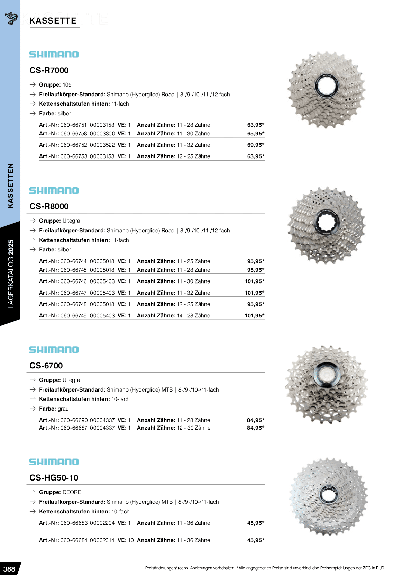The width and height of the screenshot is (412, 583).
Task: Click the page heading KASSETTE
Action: click(53, 21)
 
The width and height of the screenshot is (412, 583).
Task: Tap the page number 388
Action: click(9, 569)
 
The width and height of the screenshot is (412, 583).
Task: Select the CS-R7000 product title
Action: click(49, 70)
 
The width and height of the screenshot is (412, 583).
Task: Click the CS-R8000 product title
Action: click(49, 206)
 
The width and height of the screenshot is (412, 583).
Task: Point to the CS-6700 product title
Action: click(46, 366)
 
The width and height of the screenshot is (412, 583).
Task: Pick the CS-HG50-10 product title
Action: click(54, 478)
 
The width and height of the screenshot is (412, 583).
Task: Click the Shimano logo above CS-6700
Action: click(54, 350)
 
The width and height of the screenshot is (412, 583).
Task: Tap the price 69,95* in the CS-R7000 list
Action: click(256, 145)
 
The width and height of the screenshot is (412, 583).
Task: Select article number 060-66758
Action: click(74, 134)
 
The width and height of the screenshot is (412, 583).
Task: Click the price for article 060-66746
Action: click(254, 281)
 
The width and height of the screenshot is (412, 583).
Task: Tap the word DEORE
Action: click(72, 492)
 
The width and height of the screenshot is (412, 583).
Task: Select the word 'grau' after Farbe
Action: click(63, 409)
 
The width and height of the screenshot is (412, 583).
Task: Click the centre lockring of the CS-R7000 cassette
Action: click(326, 86)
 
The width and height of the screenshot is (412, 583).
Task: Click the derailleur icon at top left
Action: click(11, 18)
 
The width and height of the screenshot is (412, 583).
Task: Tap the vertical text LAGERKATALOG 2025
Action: click(11, 273)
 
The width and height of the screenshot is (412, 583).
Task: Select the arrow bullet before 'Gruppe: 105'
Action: click(33, 85)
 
